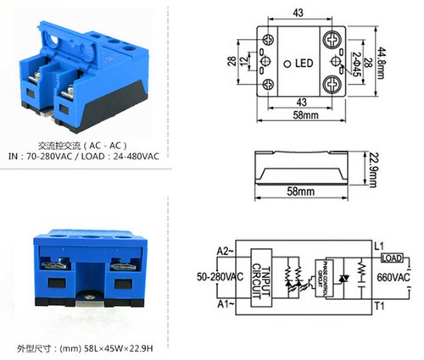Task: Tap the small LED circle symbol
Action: point(286,64)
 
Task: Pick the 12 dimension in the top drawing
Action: point(246,64)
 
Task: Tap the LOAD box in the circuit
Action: point(392,258)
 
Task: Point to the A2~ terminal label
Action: point(222,252)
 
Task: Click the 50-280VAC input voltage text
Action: point(218,278)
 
